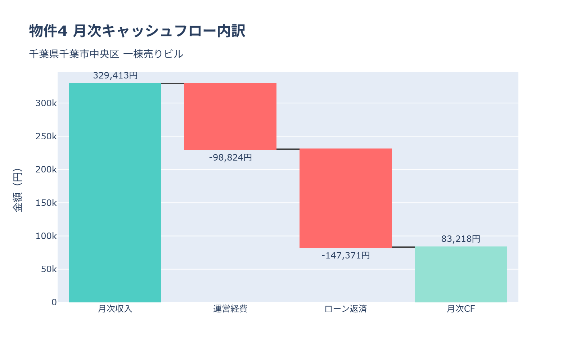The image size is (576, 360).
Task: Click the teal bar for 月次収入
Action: pos(115,193)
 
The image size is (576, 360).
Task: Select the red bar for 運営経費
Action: pos(230,116)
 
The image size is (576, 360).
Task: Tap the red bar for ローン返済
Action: pos(346,198)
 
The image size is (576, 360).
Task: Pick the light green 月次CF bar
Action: pos(461,274)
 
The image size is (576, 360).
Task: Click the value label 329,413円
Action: pos(115,76)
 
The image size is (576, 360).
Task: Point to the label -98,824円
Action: pos(230,158)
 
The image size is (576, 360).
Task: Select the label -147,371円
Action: pos(346,256)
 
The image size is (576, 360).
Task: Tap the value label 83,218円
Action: pos(461,239)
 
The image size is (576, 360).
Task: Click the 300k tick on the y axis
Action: pos(46,103)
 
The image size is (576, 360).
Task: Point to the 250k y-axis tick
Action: pos(46,136)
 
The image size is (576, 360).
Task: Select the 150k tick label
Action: pos(46,203)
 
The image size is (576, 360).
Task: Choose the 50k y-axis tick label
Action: pos(49,269)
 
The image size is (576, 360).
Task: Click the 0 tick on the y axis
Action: pos(54,302)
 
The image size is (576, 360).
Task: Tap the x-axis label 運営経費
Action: pos(230,309)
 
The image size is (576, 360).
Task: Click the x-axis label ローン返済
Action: pos(346,309)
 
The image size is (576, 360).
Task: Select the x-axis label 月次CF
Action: pos(461,309)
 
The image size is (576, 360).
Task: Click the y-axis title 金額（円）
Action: pos(17,190)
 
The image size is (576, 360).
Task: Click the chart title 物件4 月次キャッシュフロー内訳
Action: pos(137,31)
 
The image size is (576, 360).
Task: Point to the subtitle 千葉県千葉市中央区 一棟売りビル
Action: pos(106,54)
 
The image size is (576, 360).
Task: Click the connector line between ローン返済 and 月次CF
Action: pos(403,247)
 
